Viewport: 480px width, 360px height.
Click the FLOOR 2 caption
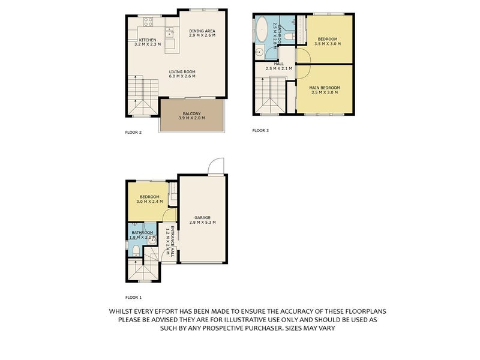coord(133,132)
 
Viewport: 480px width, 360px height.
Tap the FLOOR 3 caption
coord(260,130)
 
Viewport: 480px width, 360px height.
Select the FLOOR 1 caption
coord(133,297)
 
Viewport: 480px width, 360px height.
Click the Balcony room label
coord(191,113)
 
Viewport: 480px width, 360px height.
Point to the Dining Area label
coord(202,31)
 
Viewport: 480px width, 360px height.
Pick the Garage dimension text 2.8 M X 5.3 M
coord(202,222)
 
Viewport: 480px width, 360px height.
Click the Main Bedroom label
coord(325,88)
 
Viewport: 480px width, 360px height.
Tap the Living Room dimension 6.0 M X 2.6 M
coord(182,76)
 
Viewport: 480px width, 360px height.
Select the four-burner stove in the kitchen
coord(148,22)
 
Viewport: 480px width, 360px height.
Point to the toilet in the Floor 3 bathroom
coord(289,37)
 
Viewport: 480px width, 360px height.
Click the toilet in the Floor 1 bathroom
coord(136,251)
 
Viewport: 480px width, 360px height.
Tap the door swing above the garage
coord(216,166)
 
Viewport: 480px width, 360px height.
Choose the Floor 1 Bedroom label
coord(149,197)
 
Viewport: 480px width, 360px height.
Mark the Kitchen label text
coord(148,40)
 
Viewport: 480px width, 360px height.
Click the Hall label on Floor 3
coord(278,64)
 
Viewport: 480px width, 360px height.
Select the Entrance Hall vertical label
coord(172,242)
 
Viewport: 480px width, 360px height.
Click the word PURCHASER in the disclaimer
coord(250,328)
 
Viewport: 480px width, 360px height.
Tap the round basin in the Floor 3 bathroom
coord(260,52)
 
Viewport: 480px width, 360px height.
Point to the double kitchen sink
coord(169,32)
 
